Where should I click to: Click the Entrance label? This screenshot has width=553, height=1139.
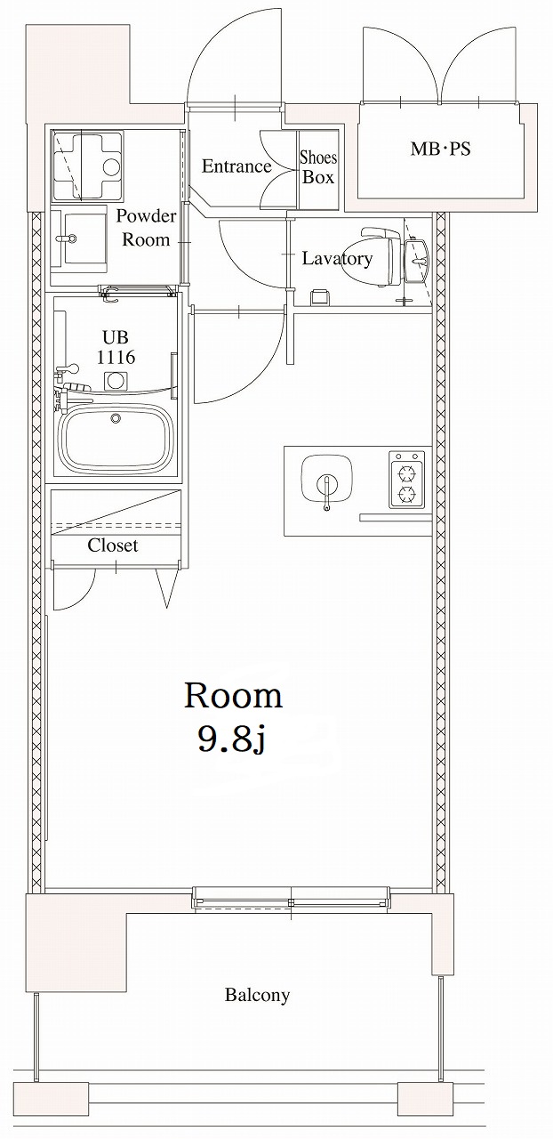tap(236, 166)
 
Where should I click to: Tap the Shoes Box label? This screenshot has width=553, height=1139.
tap(318, 167)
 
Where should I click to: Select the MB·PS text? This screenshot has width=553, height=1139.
tap(439, 149)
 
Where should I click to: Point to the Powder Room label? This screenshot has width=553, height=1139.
tap(146, 228)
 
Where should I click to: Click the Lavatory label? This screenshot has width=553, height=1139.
tap(336, 259)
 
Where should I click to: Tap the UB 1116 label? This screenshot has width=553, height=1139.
tap(116, 348)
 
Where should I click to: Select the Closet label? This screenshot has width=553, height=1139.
tap(113, 545)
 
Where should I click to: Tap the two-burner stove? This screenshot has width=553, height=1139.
tap(406, 481)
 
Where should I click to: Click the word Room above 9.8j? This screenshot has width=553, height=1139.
tap(233, 696)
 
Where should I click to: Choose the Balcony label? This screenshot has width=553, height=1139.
tap(257, 996)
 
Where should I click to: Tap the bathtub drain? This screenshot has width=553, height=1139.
tap(114, 418)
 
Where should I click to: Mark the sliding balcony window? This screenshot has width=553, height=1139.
tap(292, 899)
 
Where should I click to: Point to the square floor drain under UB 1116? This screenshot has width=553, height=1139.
tap(114, 382)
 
